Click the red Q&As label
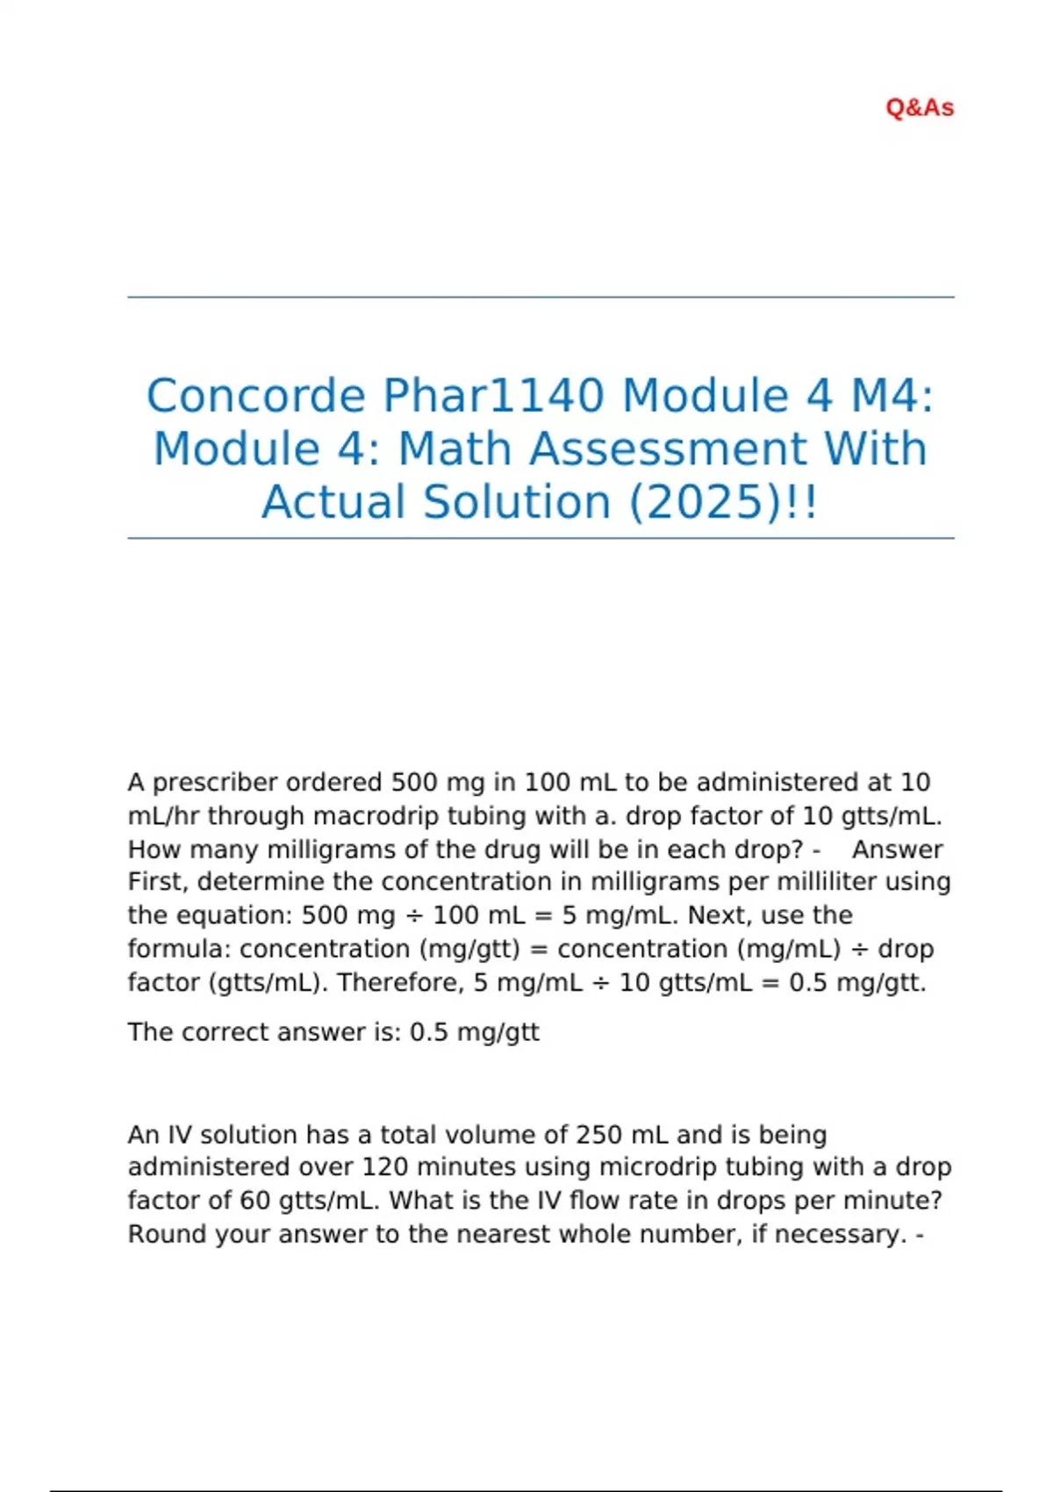tap(920, 108)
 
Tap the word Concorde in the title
tap(255, 395)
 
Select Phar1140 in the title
tap(493, 395)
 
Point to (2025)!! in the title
tap(723, 502)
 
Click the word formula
tap(179, 949)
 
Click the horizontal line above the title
tap(541, 298)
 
